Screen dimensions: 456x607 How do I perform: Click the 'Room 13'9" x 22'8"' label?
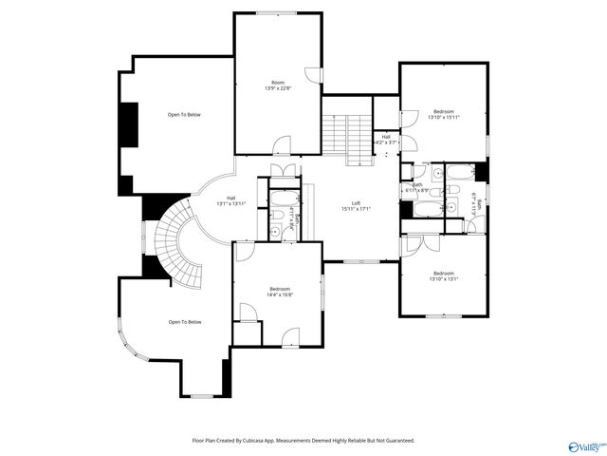point(278,85)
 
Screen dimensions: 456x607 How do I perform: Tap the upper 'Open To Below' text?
point(184,115)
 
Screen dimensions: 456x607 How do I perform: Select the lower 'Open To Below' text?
point(185,322)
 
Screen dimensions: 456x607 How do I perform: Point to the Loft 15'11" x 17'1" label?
point(356,207)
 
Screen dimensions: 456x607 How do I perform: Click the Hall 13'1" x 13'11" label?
point(230,200)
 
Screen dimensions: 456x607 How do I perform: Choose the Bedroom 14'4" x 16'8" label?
point(279,292)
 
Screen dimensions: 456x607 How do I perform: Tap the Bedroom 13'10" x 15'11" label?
point(444,115)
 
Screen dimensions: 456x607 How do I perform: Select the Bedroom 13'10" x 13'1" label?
point(443,276)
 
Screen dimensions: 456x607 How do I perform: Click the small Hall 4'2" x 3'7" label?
point(386,140)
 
